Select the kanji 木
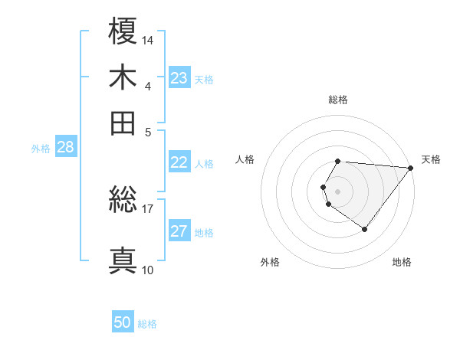[123, 78]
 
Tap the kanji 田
[123, 123]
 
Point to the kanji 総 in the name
[123, 201]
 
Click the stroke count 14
[148, 39]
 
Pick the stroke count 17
[148, 208]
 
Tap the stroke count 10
[147, 270]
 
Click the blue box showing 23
[179, 78]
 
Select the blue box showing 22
[179, 162]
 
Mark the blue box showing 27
[179, 232]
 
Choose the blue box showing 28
[65, 148]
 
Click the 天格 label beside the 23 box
[204, 79]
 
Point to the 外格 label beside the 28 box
[41, 149]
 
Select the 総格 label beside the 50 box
[147, 324]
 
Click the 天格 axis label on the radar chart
[431, 159]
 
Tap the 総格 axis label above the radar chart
[338, 100]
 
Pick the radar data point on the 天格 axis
[411, 168]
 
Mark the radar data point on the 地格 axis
[364, 229]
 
